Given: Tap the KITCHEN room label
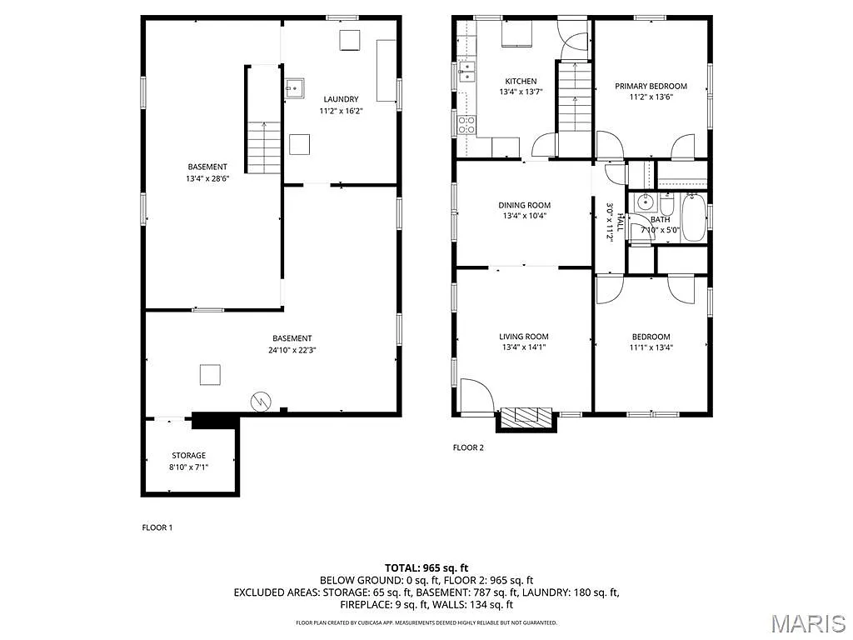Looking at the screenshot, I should (x=521, y=81).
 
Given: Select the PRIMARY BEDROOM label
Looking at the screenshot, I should (x=651, y=86).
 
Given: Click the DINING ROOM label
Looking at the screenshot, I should (x=524, y=205).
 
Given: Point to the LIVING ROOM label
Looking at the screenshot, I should (x=523, y=337).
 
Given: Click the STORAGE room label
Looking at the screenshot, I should (x=188, y=456).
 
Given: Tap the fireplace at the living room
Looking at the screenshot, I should (x=525, y=417).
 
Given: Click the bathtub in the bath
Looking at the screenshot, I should (x=693, y=218).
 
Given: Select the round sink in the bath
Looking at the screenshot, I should (x=644, y=202).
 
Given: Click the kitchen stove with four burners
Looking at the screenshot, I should (x=467, y=125).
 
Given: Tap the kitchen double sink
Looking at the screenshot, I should (x=467, y=72).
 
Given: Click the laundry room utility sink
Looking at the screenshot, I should (x=293, y=87).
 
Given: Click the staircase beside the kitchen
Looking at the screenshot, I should (x=573, y=100).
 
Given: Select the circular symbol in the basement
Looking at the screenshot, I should (x=261, y=401).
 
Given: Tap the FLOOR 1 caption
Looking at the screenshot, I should (x=157, y=527).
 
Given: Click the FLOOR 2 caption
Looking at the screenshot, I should (x=468, y=447).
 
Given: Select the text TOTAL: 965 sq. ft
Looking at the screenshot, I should (x=426, y=567).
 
